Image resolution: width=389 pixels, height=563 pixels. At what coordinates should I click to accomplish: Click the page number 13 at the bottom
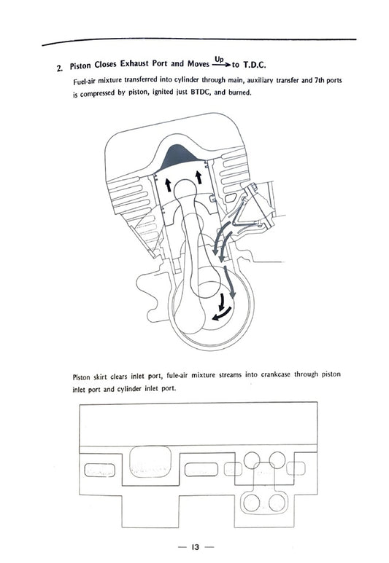click(x=194, y=546)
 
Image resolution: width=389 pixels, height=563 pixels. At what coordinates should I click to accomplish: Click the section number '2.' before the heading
click(x=60, y=69)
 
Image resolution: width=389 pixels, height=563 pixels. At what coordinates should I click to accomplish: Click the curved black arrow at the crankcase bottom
click(x=217, y=312)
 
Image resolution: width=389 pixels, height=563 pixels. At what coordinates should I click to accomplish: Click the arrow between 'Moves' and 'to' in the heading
click(x=218, y=64)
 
